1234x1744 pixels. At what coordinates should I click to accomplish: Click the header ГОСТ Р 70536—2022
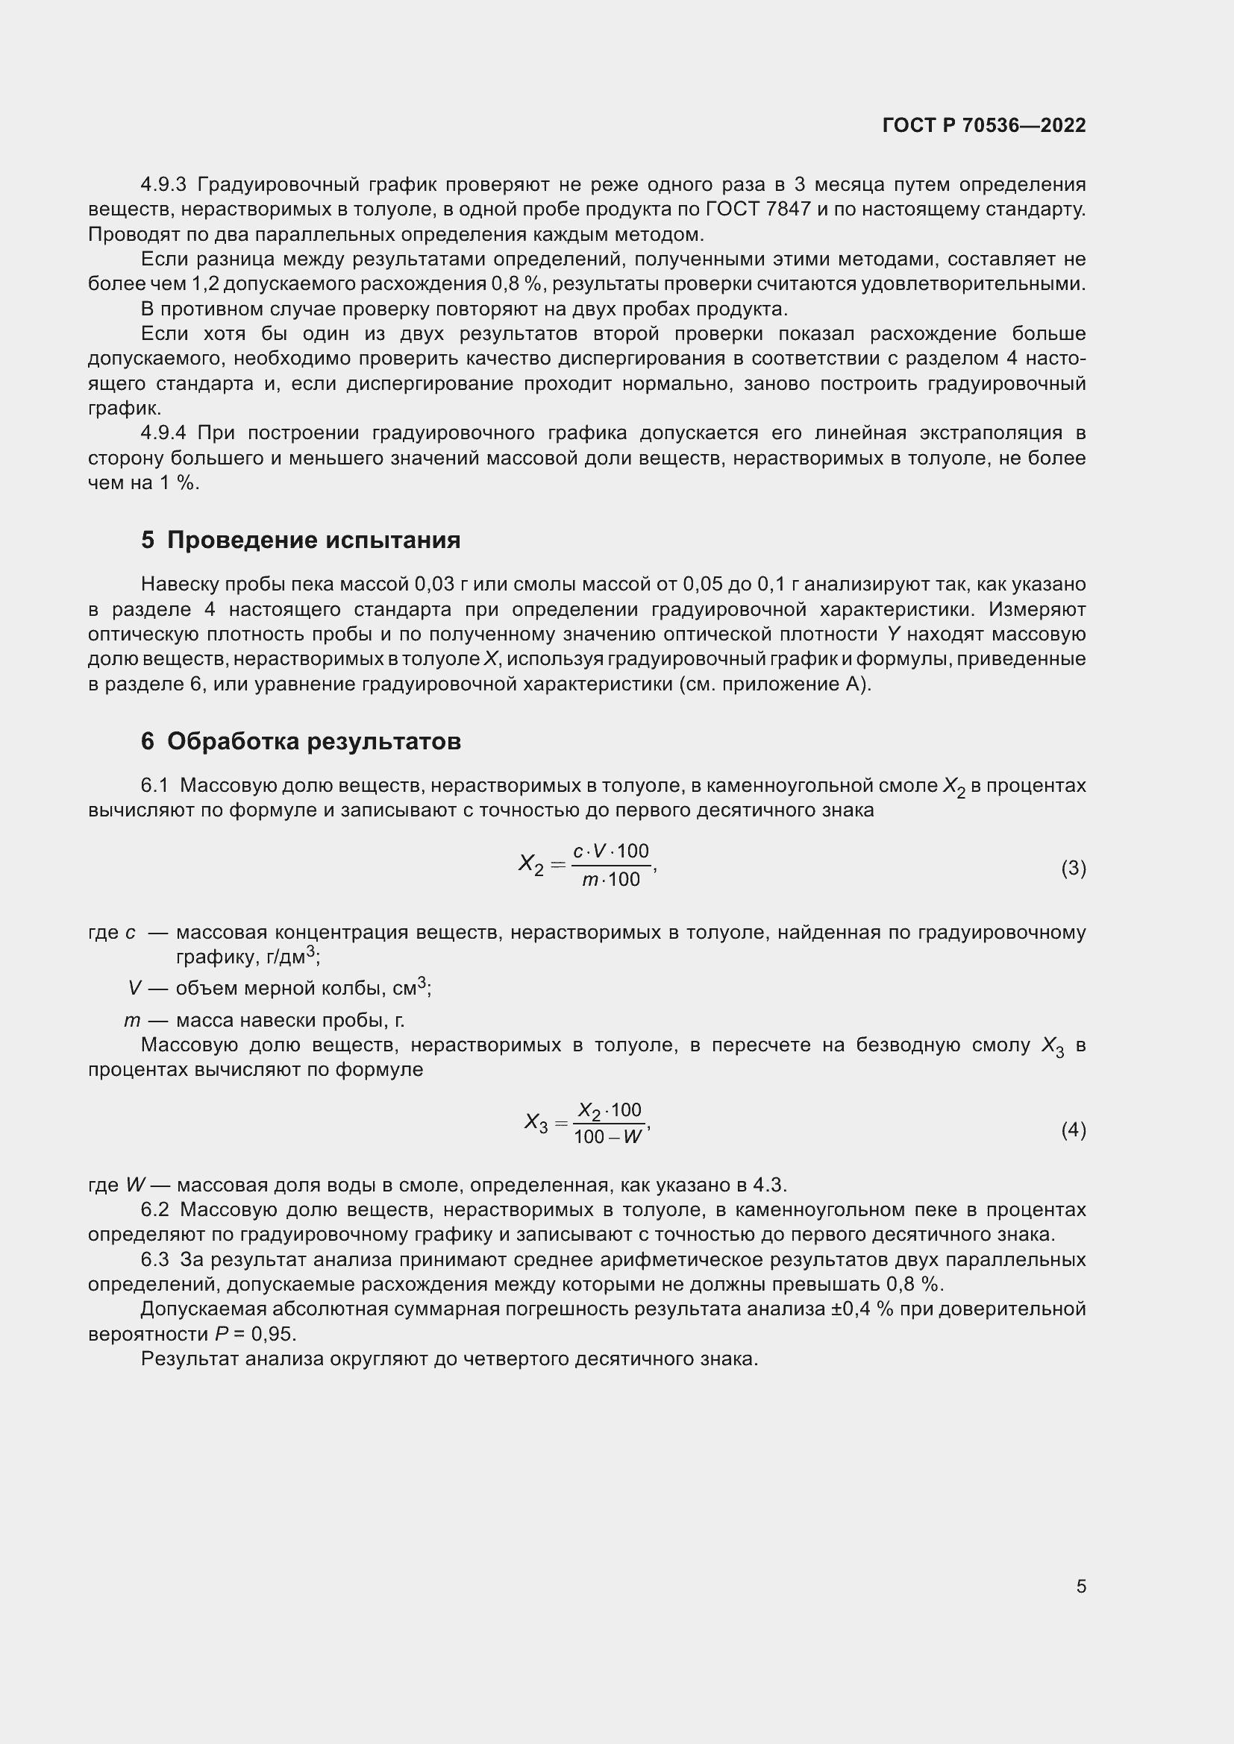[x=984, y=125]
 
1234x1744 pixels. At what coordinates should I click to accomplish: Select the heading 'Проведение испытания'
[x=313, y=540]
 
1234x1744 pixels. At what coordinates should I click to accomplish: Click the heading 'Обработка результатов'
[x=314, y=741]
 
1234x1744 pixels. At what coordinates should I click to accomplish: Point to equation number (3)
[x=1073, y=868]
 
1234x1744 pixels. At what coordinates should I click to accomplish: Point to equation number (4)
[x=1073, y=1130]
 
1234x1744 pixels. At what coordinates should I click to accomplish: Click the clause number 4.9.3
[x=163, y=185]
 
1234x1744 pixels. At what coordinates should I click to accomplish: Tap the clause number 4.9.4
[x=163, y=433]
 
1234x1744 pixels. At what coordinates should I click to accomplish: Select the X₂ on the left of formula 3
[x=531, y=865]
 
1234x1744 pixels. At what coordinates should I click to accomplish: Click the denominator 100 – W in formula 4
[x=608, y=1137]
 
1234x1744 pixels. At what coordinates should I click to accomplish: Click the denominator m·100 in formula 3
[x=611, y=881]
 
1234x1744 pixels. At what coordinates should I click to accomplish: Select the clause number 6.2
[x=154, y=1209]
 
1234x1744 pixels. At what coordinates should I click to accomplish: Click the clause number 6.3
[x=154, y=1259]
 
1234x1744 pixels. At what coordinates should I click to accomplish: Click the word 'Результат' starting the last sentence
[x=190, y=1359]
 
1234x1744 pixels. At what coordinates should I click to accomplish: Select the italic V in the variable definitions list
[x=134, y=988]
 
